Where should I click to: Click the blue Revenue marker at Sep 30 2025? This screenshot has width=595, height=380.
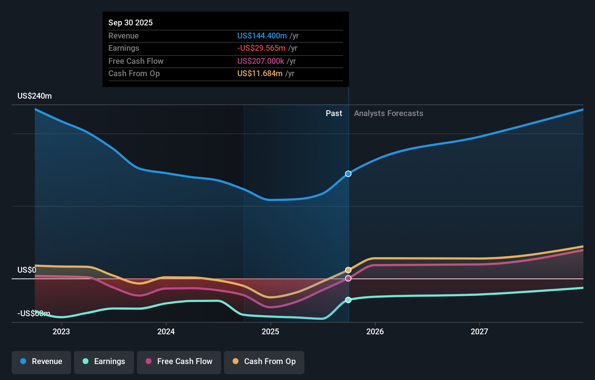pos(348,174)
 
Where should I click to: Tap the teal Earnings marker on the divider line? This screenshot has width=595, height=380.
pos(348,300)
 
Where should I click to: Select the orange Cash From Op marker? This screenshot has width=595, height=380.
pos(348,270)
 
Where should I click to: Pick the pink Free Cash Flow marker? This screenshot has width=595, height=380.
pos(348,278)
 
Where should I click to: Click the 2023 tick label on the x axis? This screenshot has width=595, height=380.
pos(61,331)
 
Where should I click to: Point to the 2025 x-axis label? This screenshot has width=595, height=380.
pos(270,331)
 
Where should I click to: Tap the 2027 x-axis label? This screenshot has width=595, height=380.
pos(479,331)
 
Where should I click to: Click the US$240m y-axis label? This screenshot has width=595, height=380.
pos(34,96)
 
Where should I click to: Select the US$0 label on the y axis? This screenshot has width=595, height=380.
pos(27,270)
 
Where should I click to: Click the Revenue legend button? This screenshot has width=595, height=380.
pos(41,362)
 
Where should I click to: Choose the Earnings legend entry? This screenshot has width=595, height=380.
pos(104,362)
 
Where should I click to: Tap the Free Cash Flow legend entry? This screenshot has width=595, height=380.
pos(179,362)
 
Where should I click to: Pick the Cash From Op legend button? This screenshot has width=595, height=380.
pos(264,362)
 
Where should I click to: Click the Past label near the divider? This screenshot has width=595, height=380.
pos(333,113)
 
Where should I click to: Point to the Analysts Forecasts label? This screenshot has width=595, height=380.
pos(388,113)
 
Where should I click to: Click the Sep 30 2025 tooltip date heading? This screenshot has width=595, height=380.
pos(130,22)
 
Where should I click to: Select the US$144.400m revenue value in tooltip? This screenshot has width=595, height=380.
pos(262,36)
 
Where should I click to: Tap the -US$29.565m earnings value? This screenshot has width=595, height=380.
pos(261,48)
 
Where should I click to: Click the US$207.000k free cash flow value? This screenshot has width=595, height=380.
pos(261,61)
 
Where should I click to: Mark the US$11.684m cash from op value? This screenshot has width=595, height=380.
pos(260,74)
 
